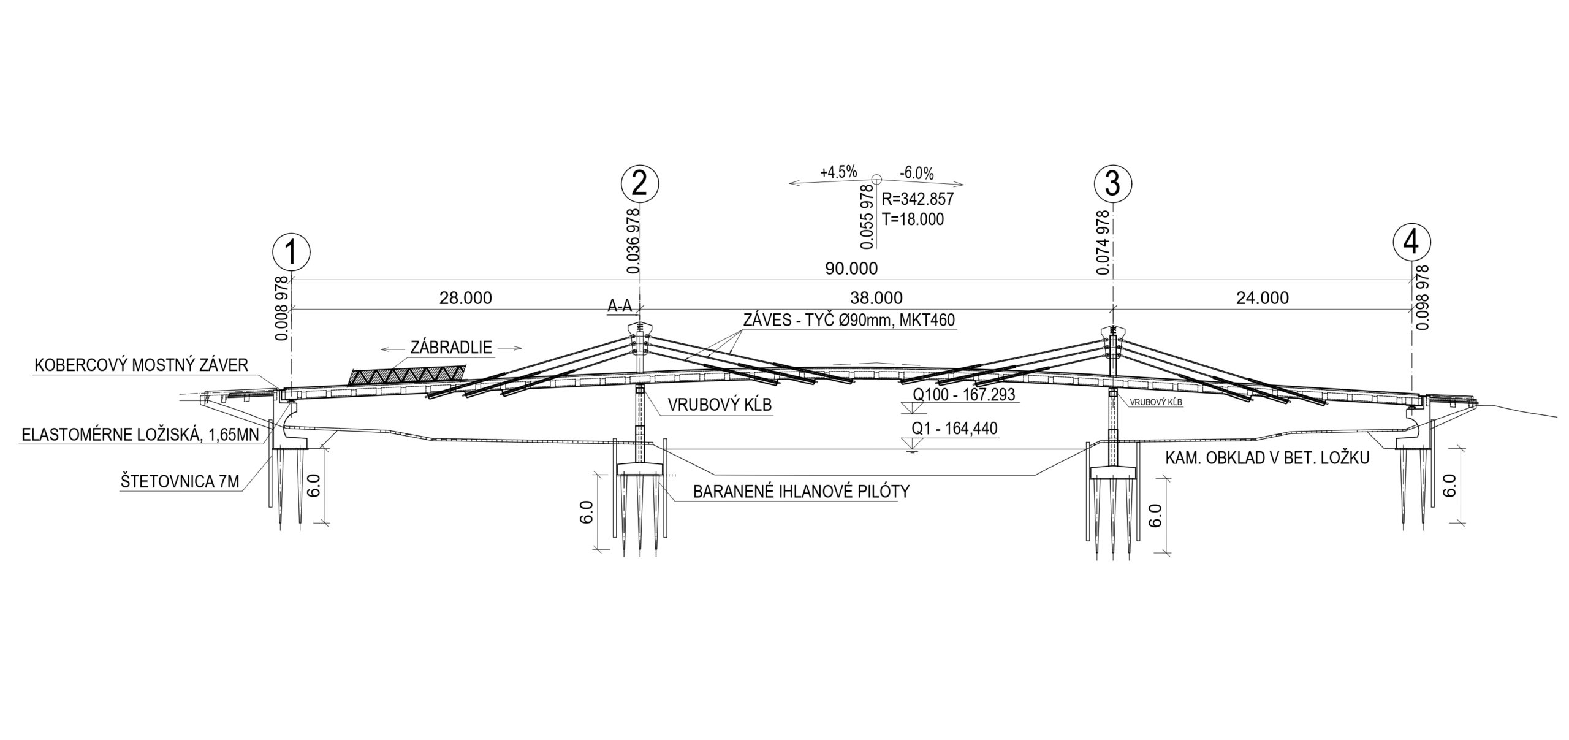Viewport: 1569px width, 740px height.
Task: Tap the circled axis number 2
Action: click(639, 182)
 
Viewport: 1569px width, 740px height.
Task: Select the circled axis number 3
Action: click(1112, 183)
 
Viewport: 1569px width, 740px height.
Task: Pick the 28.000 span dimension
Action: click(465, 298)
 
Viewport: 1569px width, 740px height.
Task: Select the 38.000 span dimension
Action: click(876, 298)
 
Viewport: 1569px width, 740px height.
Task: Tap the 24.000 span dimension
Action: click(1263, 298)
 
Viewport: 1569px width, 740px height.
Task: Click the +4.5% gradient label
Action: click(838, 172)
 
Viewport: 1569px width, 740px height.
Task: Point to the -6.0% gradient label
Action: click(917, 174)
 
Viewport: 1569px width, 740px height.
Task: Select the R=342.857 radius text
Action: click(917, 199)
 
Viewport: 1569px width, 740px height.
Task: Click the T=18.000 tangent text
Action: click(913, 219)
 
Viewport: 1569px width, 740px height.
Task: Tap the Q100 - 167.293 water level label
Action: click(963, 394)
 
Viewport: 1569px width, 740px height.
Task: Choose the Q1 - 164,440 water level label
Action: click(954, 429)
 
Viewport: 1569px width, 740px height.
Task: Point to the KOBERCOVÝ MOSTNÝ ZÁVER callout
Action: click(142, 365)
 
